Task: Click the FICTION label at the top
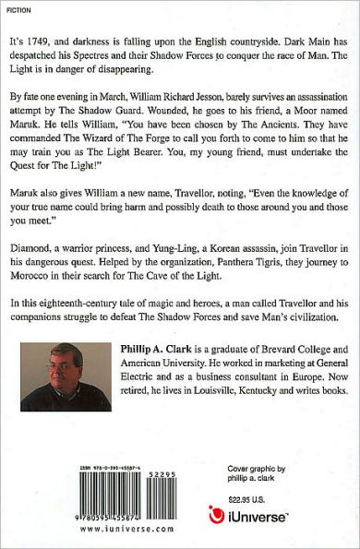pos(18,11)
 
